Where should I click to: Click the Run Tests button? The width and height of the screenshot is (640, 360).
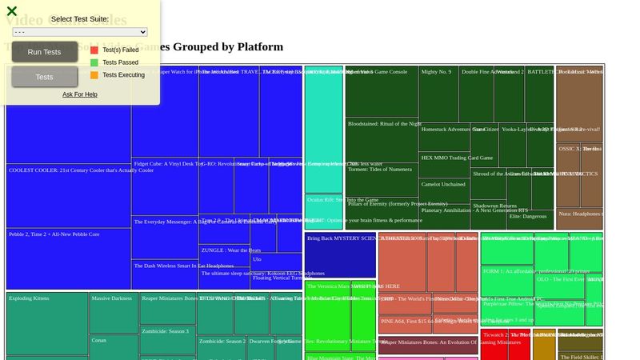(x=44, y=52)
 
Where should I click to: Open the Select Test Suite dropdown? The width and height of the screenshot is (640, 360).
(x=80, y=32)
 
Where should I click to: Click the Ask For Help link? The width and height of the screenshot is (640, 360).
(x=80, y=94)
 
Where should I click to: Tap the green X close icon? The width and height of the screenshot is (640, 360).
(x=12, y=11)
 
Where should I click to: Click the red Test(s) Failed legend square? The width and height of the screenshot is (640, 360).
(x=94, y=50)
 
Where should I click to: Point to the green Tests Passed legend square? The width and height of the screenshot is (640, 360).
(x=94, y=62)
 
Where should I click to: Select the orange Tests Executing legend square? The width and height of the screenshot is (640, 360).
(x=94, y=75)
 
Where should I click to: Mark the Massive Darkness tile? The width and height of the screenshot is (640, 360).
(x=114, y=312)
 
